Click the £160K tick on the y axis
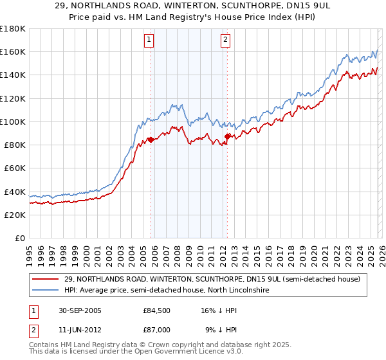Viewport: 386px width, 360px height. [x=13, y=52]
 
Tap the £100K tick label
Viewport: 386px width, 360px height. [x=13, y=122]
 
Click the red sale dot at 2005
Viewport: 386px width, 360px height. [x=151, y=139]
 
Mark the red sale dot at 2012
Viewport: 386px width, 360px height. [x=228, y=136]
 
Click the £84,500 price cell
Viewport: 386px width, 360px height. [x=158, y=310]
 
